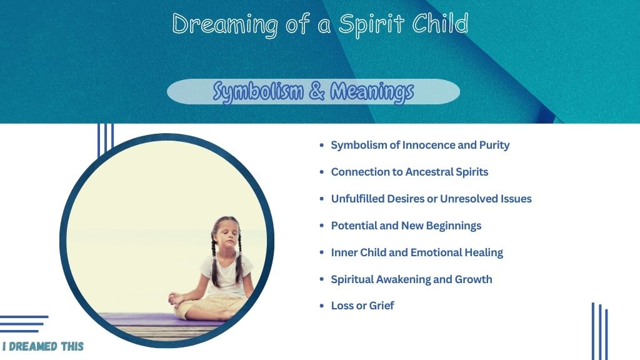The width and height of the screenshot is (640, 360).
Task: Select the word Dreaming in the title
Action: point(225,25)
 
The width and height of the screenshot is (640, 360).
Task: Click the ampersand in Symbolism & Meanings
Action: point(317,91)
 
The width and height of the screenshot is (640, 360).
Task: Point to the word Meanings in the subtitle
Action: point(372,92)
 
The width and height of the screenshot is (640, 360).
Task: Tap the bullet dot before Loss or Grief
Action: point(322,306)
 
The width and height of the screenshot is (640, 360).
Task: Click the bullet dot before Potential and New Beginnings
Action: point(322,226)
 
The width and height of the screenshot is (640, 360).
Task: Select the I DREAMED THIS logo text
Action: point(43,346)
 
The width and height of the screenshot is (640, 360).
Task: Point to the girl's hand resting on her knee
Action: point(176,300)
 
